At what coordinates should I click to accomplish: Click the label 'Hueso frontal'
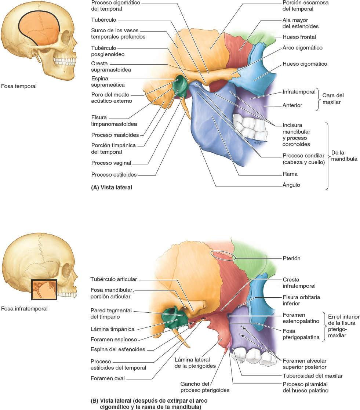pyautogui.click(x=299, y=37)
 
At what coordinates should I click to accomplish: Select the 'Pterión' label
pyautogui.click(x=291, y=258)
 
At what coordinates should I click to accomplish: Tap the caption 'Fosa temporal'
pyautogui.click(x=19, y=86)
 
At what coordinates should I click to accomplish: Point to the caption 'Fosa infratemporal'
pyautogui.click(x=24, y=309)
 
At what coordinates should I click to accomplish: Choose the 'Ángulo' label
pyautogui.click(x=291, y=185)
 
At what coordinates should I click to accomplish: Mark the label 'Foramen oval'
pyautogui.click(x=108, y=378)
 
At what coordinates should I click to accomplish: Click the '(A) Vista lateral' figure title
pyautogui.click(x=111, y=187)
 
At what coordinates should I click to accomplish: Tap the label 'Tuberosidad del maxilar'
pyautogui.click(x=312, y=375)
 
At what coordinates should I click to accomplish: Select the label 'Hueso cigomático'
pyautogui.click(x=305, y=64)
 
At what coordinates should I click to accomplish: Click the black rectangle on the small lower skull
pyautogui.click(x=44, y=290)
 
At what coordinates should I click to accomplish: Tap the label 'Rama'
pyautogui.click(x=290, y=174)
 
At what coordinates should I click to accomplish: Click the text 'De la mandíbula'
pyautogui.click(x=344, y=156)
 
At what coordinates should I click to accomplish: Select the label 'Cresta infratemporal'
pyautogui.click(x=299, y=283)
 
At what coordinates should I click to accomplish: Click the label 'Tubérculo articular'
pyautogui.click(x=114, y=279)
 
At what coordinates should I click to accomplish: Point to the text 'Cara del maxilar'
pyautogui.click(x=333, y=98)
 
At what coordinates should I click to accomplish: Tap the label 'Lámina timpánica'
pyautogui.click(x=112, y=329)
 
